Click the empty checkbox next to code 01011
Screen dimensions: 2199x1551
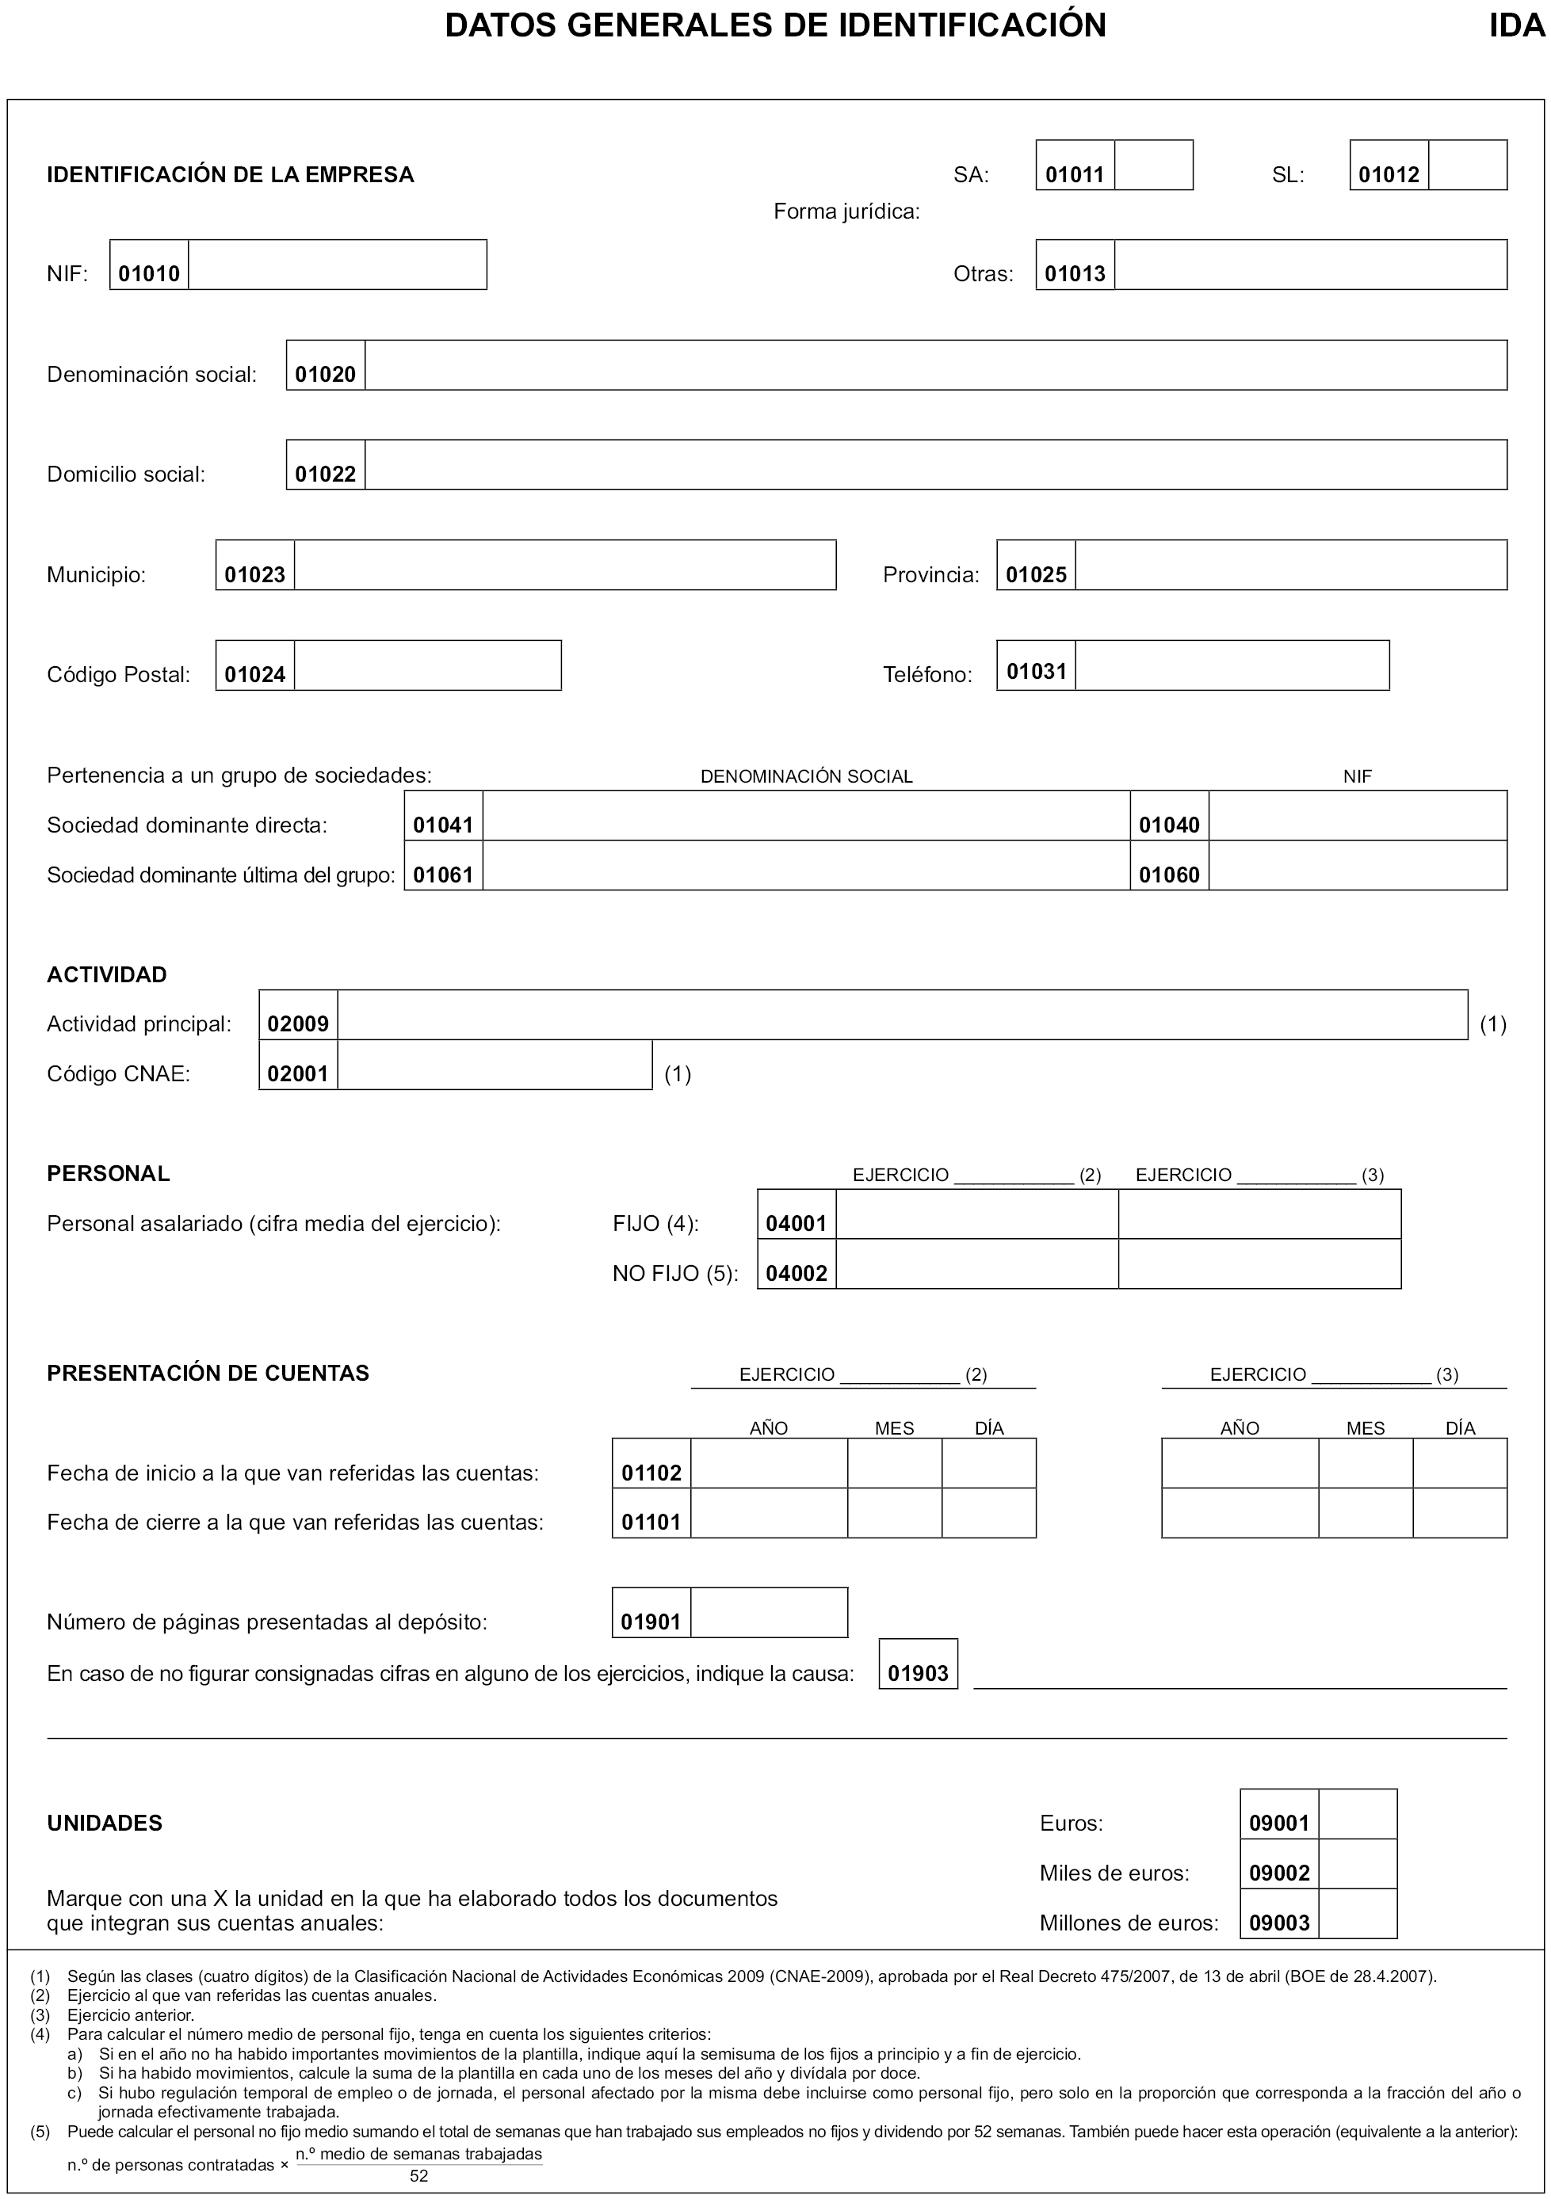[x=1153, y=165]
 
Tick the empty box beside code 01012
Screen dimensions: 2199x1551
[x=1467, y=165]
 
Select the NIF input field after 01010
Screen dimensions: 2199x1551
[x=337, y=265]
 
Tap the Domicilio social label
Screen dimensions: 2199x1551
[x=127, y=474]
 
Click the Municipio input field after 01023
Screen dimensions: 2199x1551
[x=564, y=565]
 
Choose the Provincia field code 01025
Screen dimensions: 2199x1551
[x=1036, y=574]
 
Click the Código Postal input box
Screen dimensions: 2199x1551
[x=427, y=665]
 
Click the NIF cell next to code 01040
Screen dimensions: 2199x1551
[x=1357, y=816]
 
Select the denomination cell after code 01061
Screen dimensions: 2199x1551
[x=806, y=866]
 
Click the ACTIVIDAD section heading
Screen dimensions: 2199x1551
[x=107, y=975]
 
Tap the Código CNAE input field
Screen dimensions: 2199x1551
[x=495, y=1065]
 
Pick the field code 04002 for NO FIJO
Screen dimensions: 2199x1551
[x=796, y=1274]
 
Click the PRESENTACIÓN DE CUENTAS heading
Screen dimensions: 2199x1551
[x=208, y=1374]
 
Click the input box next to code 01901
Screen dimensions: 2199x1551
[x=768, y=1613]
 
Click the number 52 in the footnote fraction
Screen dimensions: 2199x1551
[x=418, y=2176]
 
